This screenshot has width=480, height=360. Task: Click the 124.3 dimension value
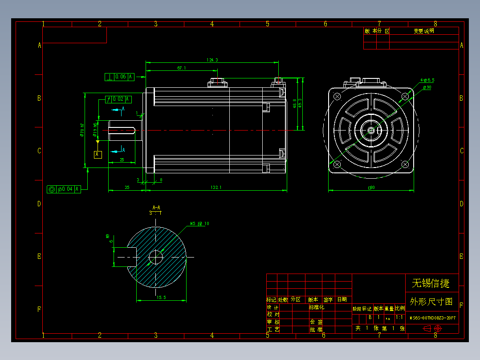point(212,60)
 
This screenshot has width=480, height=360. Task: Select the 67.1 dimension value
point(181,68)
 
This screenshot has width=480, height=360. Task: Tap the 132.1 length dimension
point(216,188)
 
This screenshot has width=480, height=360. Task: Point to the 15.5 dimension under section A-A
point(161,297)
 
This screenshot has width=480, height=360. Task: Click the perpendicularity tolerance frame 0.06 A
point(119,77)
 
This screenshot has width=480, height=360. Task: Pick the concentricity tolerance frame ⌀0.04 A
point(64,189)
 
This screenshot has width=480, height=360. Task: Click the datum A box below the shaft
point(98,155)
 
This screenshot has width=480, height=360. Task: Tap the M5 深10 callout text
point(199,224)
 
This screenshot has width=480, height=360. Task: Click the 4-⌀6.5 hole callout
point(427,80)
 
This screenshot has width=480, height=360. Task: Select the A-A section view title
point(156,208)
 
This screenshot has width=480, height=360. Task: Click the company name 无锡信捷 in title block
point(431,283)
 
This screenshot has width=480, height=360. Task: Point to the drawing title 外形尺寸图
point(431,302)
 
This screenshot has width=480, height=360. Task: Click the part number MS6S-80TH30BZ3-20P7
point(432,318)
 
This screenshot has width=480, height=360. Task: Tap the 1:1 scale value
point(399,318)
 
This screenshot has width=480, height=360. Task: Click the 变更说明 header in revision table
point(423,31)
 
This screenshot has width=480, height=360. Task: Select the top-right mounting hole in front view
point(405,96)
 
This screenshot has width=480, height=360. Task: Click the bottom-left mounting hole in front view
point(337,165)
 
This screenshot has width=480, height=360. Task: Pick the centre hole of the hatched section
point(155,257)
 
